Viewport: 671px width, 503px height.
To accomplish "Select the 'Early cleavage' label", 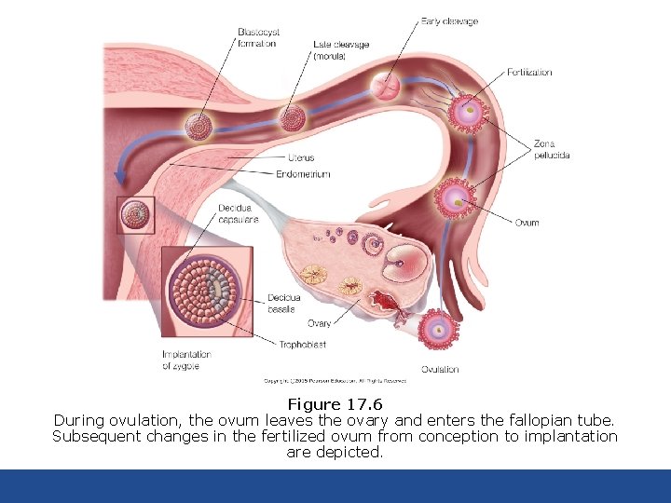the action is pos(449,20).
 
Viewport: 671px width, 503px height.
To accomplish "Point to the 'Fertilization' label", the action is pos(529,72).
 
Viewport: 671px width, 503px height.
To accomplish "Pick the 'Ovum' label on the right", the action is pos(527,223).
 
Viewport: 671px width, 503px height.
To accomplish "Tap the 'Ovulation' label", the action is pos(440,369).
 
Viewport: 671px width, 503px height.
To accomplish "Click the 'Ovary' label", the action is pos(320,323).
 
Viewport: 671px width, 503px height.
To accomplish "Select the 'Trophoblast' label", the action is pos(302,345).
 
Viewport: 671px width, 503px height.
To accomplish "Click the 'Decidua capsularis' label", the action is pos(238,213).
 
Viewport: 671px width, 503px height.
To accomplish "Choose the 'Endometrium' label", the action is pos(303,174).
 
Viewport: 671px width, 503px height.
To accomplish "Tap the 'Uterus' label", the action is pos(301,158).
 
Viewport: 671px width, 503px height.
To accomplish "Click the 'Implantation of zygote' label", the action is pos(186,360).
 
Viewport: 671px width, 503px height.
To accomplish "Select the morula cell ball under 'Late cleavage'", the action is pos(294,117).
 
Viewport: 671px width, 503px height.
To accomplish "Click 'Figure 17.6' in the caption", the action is pos(335,404).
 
